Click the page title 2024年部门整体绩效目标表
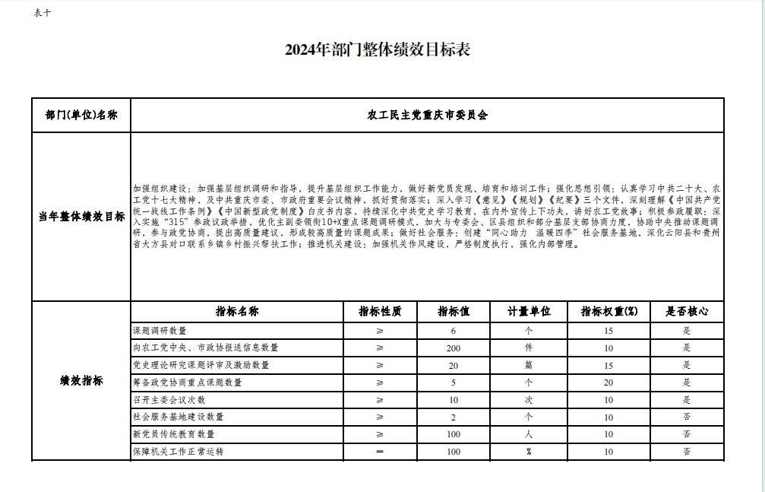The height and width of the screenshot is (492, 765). [378, 50]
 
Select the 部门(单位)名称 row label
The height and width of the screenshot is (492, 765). [81, 116]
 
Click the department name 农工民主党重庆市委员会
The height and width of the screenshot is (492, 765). [427, 116]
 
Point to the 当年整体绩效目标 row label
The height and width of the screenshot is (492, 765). [81, 217]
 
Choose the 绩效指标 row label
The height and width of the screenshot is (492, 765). [81, 380]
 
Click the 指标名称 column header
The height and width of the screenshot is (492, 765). [237, 312]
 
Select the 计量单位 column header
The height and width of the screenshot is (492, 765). [529, 312]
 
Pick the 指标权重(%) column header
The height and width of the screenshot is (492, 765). [609, 312]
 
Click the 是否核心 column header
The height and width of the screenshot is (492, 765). [687, 312]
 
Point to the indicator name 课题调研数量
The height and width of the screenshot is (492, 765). [160, 331]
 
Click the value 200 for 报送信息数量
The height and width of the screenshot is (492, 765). [454, 348]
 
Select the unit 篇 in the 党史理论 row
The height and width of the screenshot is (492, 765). [529, 365]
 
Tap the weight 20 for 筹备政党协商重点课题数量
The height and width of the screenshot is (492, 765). [609, 382]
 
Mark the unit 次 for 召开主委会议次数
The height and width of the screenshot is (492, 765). [529, 400]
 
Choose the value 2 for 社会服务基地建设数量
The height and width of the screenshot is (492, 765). [454, 417]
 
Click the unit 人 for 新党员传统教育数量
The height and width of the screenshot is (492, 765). [529, 434]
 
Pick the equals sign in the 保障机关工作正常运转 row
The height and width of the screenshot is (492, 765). [380, 452]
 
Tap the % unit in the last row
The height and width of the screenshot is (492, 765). [529, 452]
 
